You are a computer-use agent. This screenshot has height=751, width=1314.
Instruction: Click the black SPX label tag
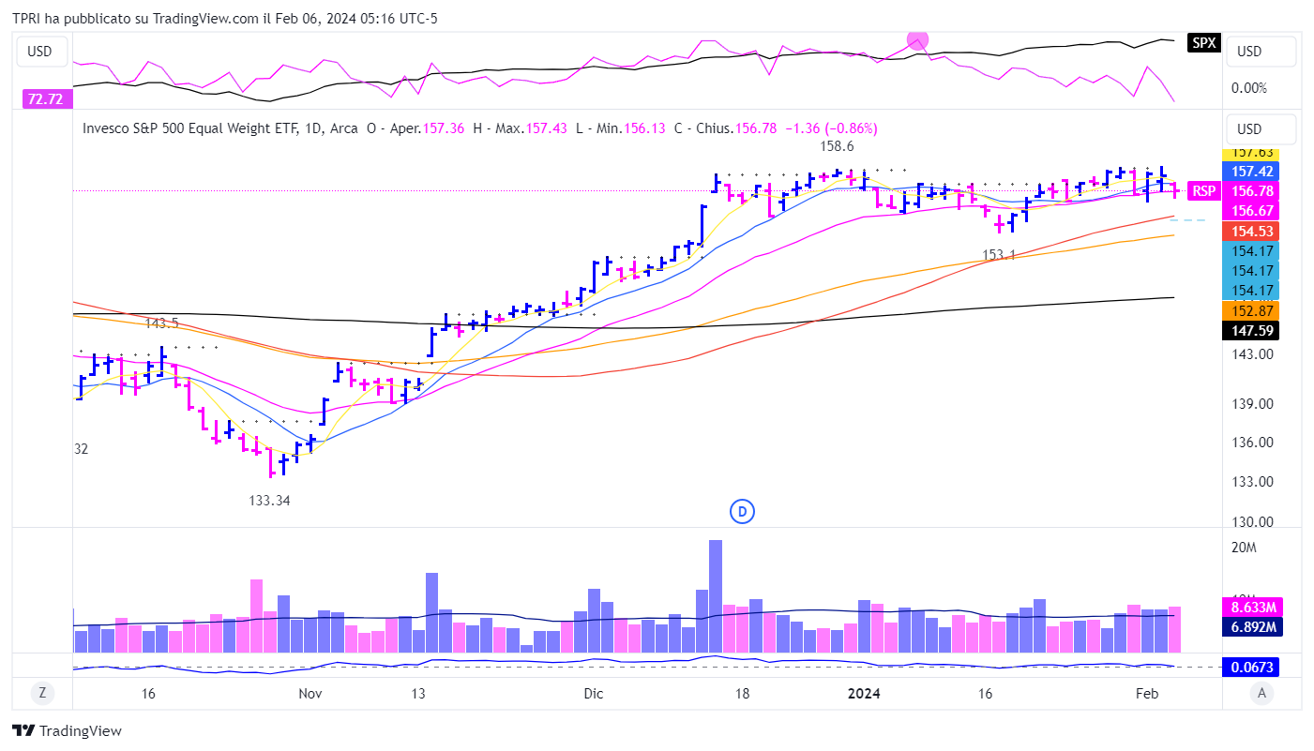click(1203, 42)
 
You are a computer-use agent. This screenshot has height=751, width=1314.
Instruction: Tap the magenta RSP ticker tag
click(1203, 191)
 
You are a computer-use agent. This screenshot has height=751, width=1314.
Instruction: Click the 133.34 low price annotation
click(269, 501)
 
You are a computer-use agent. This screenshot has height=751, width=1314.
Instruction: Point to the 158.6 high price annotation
click(837, 146)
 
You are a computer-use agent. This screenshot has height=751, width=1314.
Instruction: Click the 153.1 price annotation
click(999, 255)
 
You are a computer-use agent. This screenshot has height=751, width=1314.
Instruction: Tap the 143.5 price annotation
click(161, 323)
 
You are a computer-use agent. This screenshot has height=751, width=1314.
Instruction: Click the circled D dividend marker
click(742, 512)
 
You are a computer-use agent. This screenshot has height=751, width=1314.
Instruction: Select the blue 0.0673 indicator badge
click(1252, 667)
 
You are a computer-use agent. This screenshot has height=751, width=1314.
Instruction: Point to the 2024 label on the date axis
click(864, 694)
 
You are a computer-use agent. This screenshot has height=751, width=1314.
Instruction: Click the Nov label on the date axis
click(310, 694)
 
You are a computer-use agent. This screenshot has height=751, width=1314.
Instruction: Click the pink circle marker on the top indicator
click(917, 40)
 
